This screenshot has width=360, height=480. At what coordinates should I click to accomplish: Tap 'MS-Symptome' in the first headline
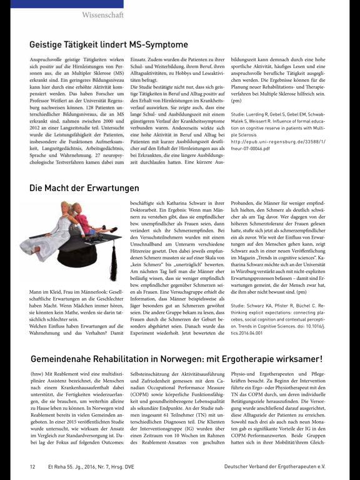(x=156, y=44)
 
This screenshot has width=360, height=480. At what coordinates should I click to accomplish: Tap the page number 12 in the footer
(x=32, y=466)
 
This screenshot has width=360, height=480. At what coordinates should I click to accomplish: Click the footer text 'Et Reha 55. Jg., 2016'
(x=81, y=466)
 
